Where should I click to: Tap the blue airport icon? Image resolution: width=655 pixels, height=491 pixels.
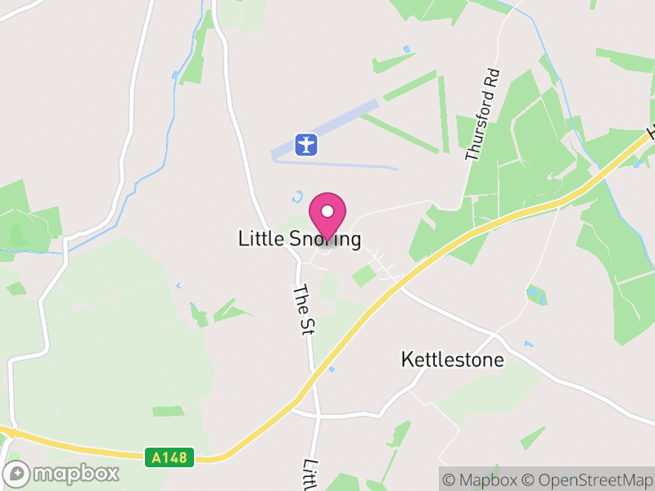[x=306, y=145]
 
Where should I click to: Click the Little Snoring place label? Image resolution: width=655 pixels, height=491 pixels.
[x=299, y=239]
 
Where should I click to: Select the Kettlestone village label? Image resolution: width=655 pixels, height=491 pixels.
[x=452, y=359]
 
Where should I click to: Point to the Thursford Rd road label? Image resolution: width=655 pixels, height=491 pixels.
[x=481, y=115]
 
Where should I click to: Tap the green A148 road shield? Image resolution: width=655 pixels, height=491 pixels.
[x=170, y=457]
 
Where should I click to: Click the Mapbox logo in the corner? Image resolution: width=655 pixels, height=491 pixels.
[x=61, y=473]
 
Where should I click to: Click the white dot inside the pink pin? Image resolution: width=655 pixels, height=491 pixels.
[x=327, y=211]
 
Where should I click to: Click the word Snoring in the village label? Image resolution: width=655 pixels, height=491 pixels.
[x=324, y=239]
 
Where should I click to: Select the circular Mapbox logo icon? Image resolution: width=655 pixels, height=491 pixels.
[x=16, y=473]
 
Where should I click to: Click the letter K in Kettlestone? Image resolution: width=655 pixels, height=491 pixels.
[x=407, y=359]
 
